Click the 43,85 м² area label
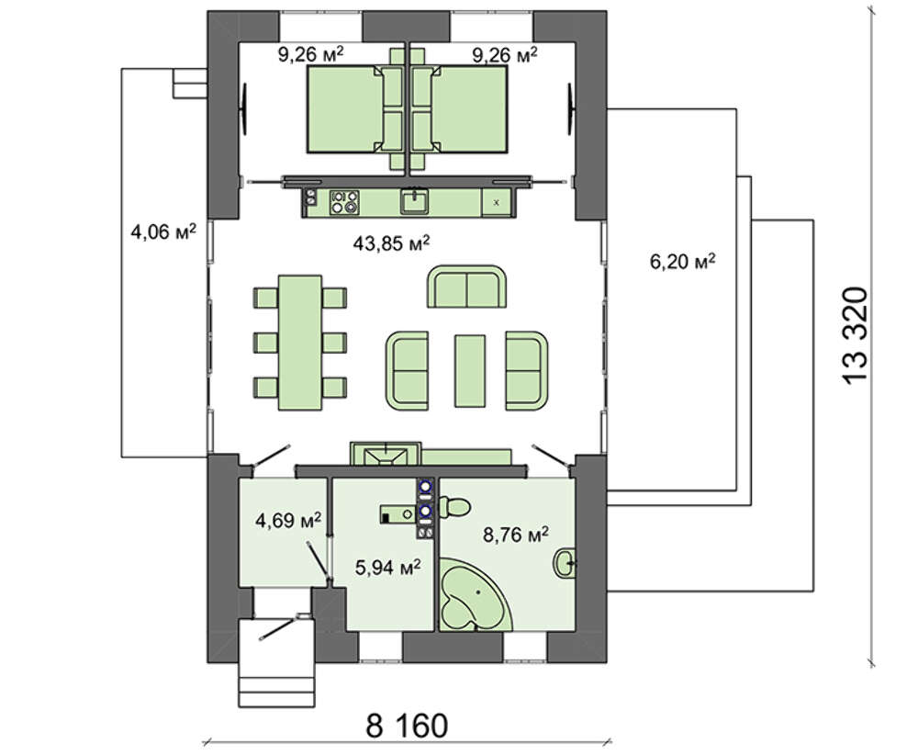(391, 242)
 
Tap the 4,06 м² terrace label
(162, 232)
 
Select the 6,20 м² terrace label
(682, 261)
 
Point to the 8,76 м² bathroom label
(515, 534)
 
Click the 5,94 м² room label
(387, 567)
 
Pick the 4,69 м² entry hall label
(288, 520)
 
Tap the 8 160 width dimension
(407, 725)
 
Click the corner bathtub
(476, 594)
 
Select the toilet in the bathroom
(453, 507)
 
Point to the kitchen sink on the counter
(415, 201)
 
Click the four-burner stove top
(344, 202)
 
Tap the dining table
(300, 342)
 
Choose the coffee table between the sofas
(469, 371)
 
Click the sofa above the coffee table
(466, 287)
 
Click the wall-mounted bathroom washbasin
(564, 563)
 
